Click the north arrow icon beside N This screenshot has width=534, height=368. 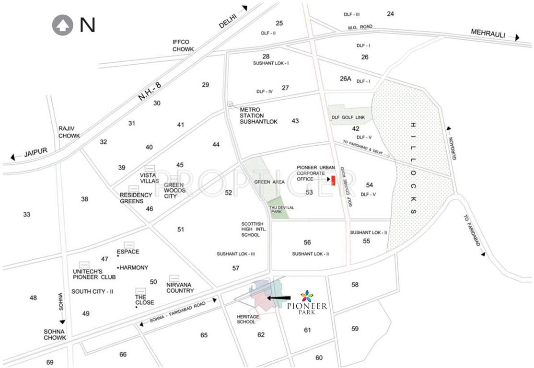tap(62, 26)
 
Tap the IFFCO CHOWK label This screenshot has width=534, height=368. tap(183, 46)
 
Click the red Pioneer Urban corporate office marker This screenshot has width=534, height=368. tap(333, 180)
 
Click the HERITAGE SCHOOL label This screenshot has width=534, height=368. tap(248, 320)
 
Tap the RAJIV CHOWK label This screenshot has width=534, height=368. tap(69, 132)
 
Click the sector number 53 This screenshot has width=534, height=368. tap(309, 192)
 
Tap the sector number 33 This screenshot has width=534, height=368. tap(27, 214)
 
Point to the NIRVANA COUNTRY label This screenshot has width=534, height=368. tap(181, 287)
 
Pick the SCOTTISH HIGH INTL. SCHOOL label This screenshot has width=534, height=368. tap(254, 230)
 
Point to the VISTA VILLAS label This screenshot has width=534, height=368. tap(150, 178)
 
